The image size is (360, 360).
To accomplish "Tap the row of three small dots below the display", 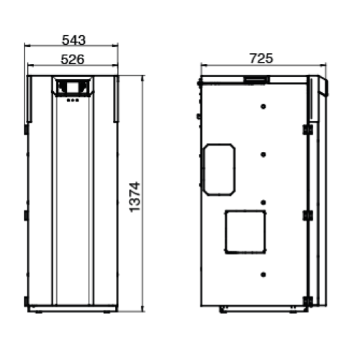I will click(x=71, y=100).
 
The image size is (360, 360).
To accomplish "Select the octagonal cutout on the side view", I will click(x=219, y=169).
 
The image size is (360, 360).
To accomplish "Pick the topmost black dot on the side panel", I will click(x=264, y=107).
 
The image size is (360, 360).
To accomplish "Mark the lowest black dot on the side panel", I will click(x=264, y=275).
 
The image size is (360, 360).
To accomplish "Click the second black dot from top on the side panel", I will click(x=264, y=154).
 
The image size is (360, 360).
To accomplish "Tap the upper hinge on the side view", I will click(x=307, y=130).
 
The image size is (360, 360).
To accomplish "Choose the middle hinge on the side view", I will click(x=307, y=215).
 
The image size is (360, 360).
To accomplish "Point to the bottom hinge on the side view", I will click(x=307, y=300).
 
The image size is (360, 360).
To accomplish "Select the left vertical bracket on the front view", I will click(x=30, y=99).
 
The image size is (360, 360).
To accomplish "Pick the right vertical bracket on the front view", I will click(x=115, y=99).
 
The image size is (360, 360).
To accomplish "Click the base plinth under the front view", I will click(x=72, y=309).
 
